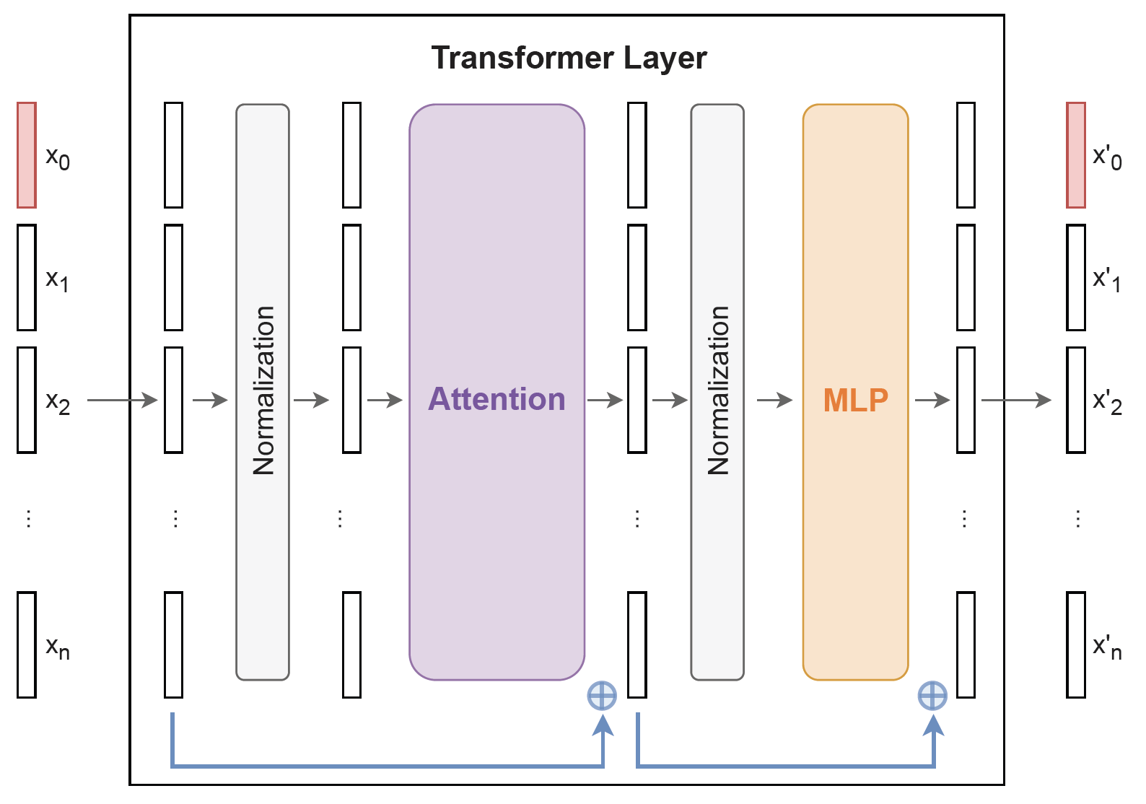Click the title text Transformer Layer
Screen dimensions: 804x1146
coord(569,58)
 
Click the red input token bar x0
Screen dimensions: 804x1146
coord(27,155)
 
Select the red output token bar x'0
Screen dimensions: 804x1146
coord(1076,155)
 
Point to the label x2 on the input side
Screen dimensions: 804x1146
coord(58,401)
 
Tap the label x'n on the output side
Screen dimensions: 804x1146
coord(1107,647)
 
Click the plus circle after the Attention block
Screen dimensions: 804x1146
coord(602,696)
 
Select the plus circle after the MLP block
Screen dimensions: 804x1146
coord(932,696)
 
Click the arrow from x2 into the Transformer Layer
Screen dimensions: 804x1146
coord(122,400)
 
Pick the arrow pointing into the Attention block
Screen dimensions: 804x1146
coord(385,400)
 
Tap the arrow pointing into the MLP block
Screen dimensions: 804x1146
coord(775,400)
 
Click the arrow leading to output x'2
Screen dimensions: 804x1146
coord(1016,400)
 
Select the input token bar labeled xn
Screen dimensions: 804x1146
coord(27,644)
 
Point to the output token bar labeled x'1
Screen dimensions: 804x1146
coord(1076,278)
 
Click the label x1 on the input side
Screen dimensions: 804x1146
coord(58,279)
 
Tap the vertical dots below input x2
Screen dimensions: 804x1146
coord(28,518)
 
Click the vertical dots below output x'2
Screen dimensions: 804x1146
coord(1077,518)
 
